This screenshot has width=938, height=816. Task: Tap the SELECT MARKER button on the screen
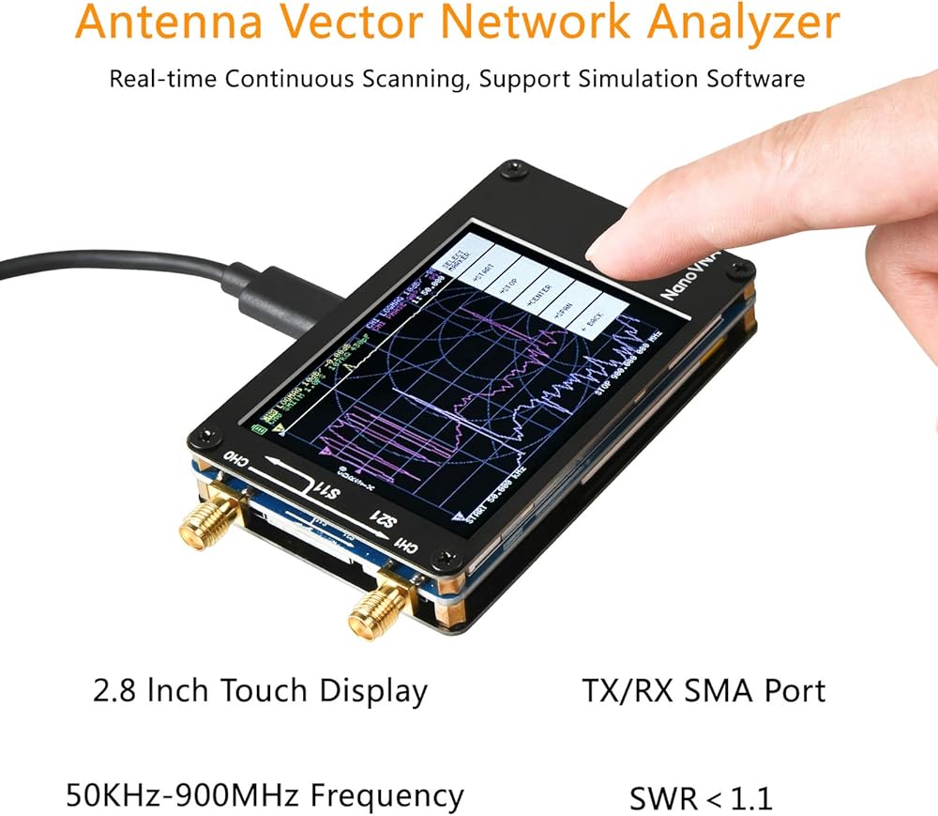click(x=485, y=252)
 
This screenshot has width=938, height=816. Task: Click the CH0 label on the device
click(x=234, y=459)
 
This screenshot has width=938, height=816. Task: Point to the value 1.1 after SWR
click(x=751, y=799)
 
